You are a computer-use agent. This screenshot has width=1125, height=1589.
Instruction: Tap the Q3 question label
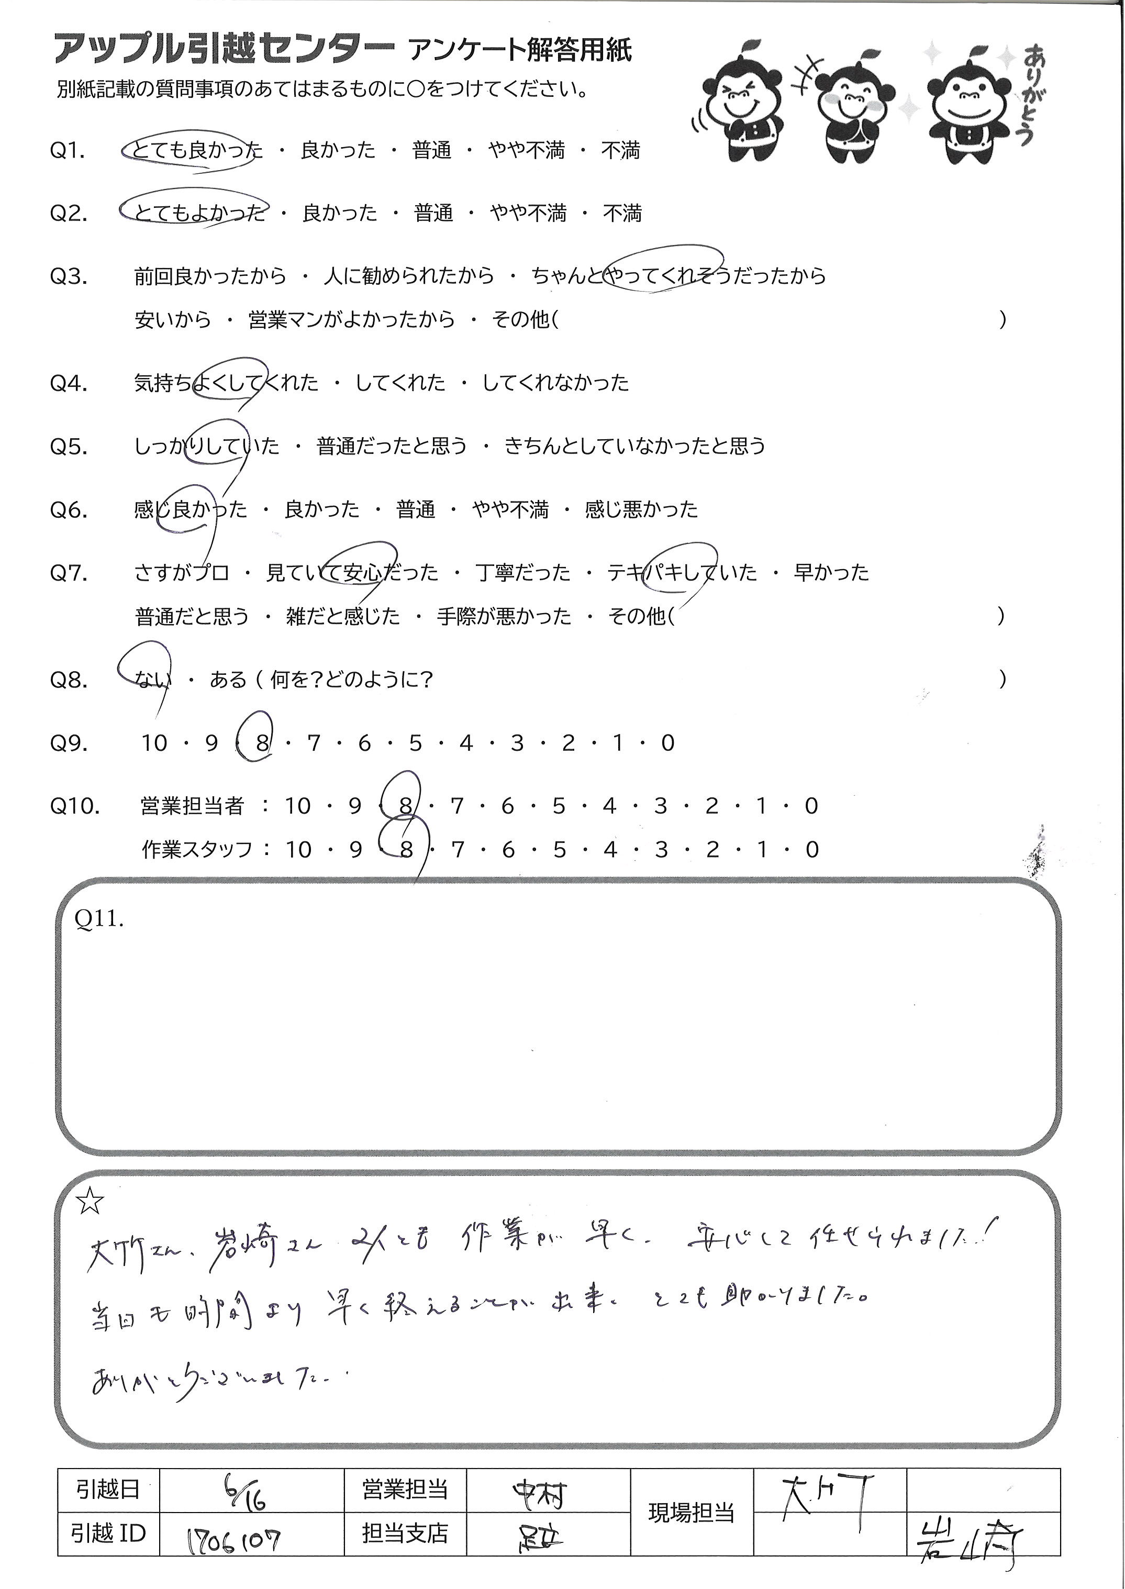coord(69,277)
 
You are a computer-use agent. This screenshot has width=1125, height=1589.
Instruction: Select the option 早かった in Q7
coord(831,573)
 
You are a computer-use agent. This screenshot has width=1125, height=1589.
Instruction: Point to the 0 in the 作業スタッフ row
coord(812,849)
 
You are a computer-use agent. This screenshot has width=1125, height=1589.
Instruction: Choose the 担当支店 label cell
coord(405,1534)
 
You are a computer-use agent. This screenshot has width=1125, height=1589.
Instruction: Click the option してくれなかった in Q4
coord(555,382)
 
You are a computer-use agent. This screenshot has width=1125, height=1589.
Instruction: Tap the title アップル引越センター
coord(224,49)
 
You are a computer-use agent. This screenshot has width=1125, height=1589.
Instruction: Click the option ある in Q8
coord(228,680)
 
